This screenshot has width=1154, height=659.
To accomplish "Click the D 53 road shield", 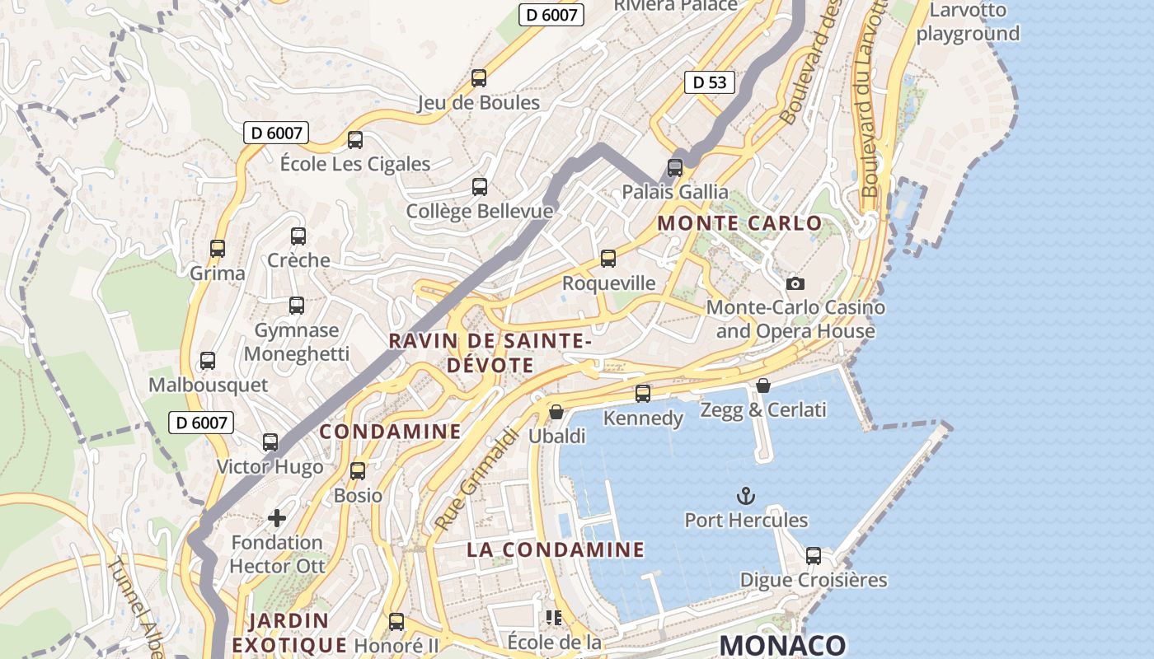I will [710, 82].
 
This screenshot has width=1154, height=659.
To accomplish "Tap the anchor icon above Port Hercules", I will [745, 496].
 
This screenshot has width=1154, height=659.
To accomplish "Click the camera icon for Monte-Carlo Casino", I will [795, 283].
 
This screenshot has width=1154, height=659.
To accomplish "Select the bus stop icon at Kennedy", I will [643, 394].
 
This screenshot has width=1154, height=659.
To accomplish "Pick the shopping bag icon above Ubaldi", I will [556, 411].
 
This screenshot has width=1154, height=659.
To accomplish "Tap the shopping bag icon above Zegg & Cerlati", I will [763, 386].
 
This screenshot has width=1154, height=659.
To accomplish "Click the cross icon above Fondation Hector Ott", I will [277, 518].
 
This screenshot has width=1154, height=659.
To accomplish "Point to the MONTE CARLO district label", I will [739, 223].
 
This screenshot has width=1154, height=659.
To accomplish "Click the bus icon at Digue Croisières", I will [814, 555].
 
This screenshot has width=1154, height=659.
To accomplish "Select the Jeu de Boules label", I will [478, 103].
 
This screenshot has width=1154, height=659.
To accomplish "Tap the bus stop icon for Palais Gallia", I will [675, 168].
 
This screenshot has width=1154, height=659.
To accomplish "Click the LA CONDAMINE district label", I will [556, 549].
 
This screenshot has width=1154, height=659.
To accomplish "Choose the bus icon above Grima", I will [218, 249].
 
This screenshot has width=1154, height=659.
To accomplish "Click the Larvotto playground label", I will [968, 22].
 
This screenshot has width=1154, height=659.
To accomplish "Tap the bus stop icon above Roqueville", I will [608, 259].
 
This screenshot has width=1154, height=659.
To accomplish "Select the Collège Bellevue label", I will [479, 212].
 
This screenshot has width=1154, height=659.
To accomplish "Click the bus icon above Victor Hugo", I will [270, 442].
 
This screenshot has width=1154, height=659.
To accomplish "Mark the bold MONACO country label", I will [782, 645].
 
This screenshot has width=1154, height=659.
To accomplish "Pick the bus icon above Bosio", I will [358, 471].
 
